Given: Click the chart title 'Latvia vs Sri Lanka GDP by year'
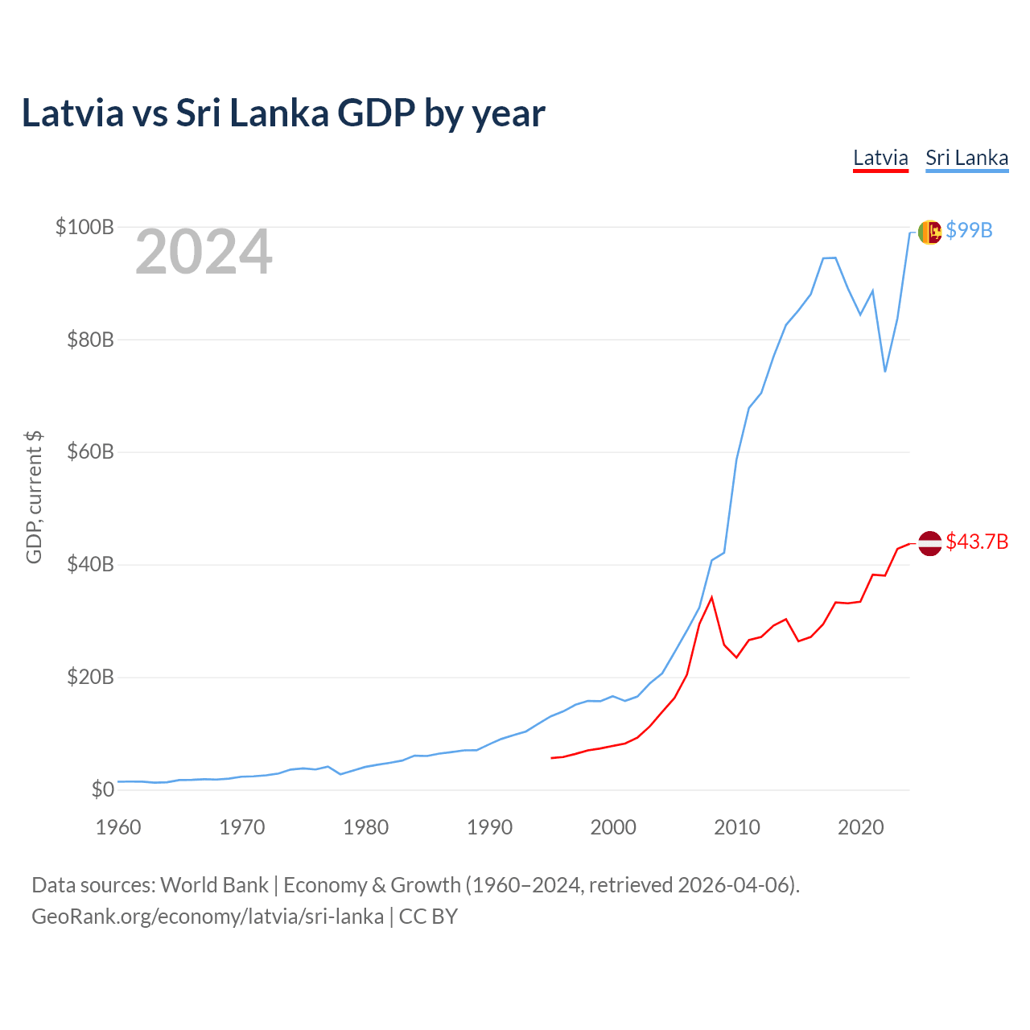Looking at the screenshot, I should [x=283, y=113].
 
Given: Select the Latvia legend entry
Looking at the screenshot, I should [x=880, y=158].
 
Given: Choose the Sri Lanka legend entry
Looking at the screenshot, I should [x=966, y=158].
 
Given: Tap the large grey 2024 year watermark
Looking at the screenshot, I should [x=204, y=253].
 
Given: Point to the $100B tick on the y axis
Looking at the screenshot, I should [x=84, y=227].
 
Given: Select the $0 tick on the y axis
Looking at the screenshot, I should [x=103, y=790].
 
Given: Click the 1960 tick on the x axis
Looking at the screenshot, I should [x=118, y=827].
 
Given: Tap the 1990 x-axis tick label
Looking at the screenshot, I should [x=489, y=827].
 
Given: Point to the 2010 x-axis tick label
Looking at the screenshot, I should [x=737, y=827].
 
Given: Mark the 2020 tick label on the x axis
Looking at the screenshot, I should [x=861, y=827].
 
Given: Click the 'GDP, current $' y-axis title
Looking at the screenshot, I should [x=34, y=497].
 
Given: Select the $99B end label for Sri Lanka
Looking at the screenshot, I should [x=969, y=230].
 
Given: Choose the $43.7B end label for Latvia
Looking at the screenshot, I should [x=977, y=542].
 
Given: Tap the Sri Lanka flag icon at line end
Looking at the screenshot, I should [x=929, y=232].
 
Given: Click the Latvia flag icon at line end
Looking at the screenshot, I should [x=929, y=543].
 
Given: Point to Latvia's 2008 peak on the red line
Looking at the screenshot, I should [x=711, y=597].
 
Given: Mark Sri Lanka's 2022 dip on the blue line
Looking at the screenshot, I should [x=885, y=371].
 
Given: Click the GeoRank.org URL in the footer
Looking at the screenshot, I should [x=208, y=917].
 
